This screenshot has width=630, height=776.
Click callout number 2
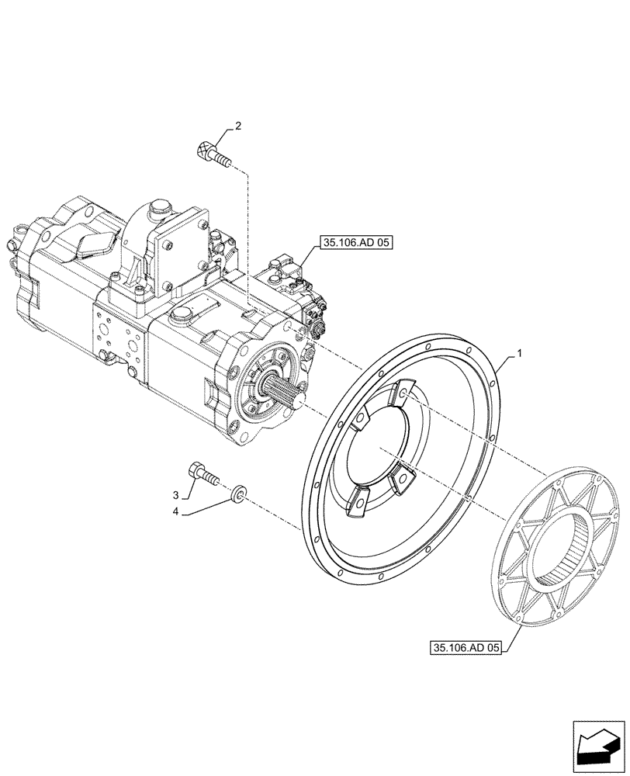tap(237, 126)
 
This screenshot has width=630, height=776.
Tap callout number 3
tap(176, 494)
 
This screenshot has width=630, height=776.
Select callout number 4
tap(176, 511)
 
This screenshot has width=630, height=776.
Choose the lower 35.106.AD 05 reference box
tap(465, 646)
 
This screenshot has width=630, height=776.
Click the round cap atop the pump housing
tap(158, 209)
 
